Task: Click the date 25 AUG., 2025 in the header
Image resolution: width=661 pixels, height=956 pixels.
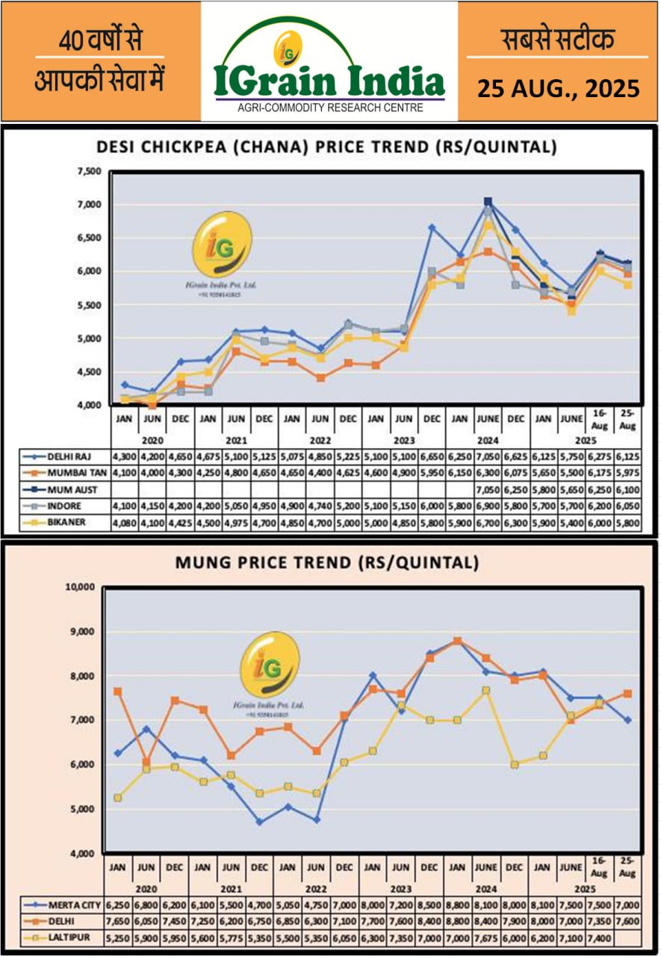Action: (559, 89)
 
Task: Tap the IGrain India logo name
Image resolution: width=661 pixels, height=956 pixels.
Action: (329, 81)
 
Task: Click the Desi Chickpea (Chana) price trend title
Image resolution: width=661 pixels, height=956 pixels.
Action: (327, 147)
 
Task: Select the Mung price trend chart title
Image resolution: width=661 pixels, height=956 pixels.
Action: (327, 562)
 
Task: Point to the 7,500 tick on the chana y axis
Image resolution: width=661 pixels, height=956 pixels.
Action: (90, 172)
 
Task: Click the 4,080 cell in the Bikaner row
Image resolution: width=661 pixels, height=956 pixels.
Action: (124, 524)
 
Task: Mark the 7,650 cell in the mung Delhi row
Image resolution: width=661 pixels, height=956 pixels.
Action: (117, 920)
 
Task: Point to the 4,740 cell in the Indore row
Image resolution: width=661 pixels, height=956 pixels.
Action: (320, 506)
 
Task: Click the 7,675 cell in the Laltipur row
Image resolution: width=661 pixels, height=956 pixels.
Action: (485, 937)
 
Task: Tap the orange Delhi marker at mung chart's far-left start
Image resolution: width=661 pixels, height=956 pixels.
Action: (118, 692)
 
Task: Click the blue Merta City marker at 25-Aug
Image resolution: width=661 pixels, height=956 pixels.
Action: (627, 720)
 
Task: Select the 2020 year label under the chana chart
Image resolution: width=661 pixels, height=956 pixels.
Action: (152, 438)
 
